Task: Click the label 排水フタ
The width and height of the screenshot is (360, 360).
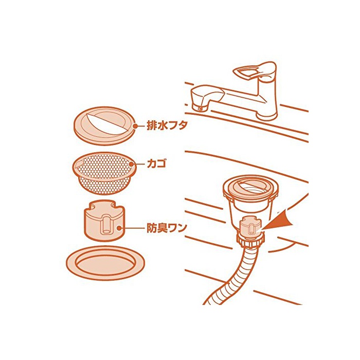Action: pos(167,126)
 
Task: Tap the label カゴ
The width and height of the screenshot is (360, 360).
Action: pos(156,164)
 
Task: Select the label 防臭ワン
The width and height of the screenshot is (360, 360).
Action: pos(167,228)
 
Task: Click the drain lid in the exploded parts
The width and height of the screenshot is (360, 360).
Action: pos(105,126)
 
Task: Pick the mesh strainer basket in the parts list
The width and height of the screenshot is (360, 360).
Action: pos(104,173)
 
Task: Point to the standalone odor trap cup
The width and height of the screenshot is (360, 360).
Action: pos(104,221)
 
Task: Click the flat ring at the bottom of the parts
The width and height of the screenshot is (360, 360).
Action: pos(105,263)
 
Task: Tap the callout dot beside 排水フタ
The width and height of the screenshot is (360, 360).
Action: pos(135,126)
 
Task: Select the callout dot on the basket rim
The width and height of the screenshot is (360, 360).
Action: pos(132,164)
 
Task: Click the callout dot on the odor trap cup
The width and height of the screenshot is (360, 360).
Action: pos(119,228)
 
